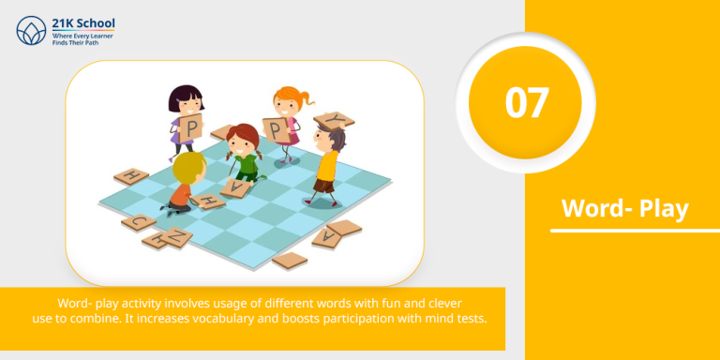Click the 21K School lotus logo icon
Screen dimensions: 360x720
click(31, 30)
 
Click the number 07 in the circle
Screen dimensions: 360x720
click(527, 102)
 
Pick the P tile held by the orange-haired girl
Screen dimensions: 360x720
click(278, 128)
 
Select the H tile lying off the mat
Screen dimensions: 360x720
click(131, 176)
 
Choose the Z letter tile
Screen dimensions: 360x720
click(169, 238)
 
